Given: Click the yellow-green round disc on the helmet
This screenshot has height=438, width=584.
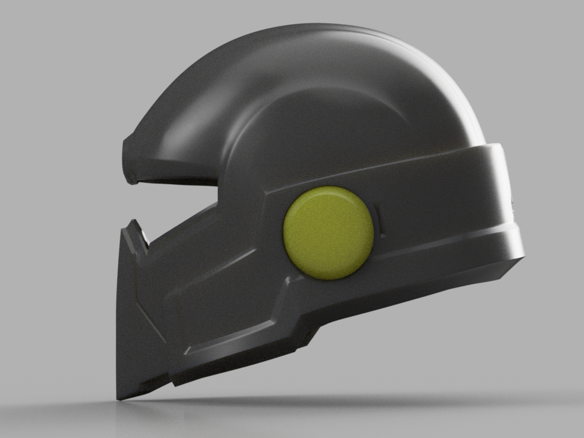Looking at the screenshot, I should coord(328,233).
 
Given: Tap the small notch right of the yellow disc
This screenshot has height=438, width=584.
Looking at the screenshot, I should coord(377,211).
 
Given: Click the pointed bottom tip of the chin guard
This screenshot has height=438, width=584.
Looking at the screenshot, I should coord(121,398).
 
